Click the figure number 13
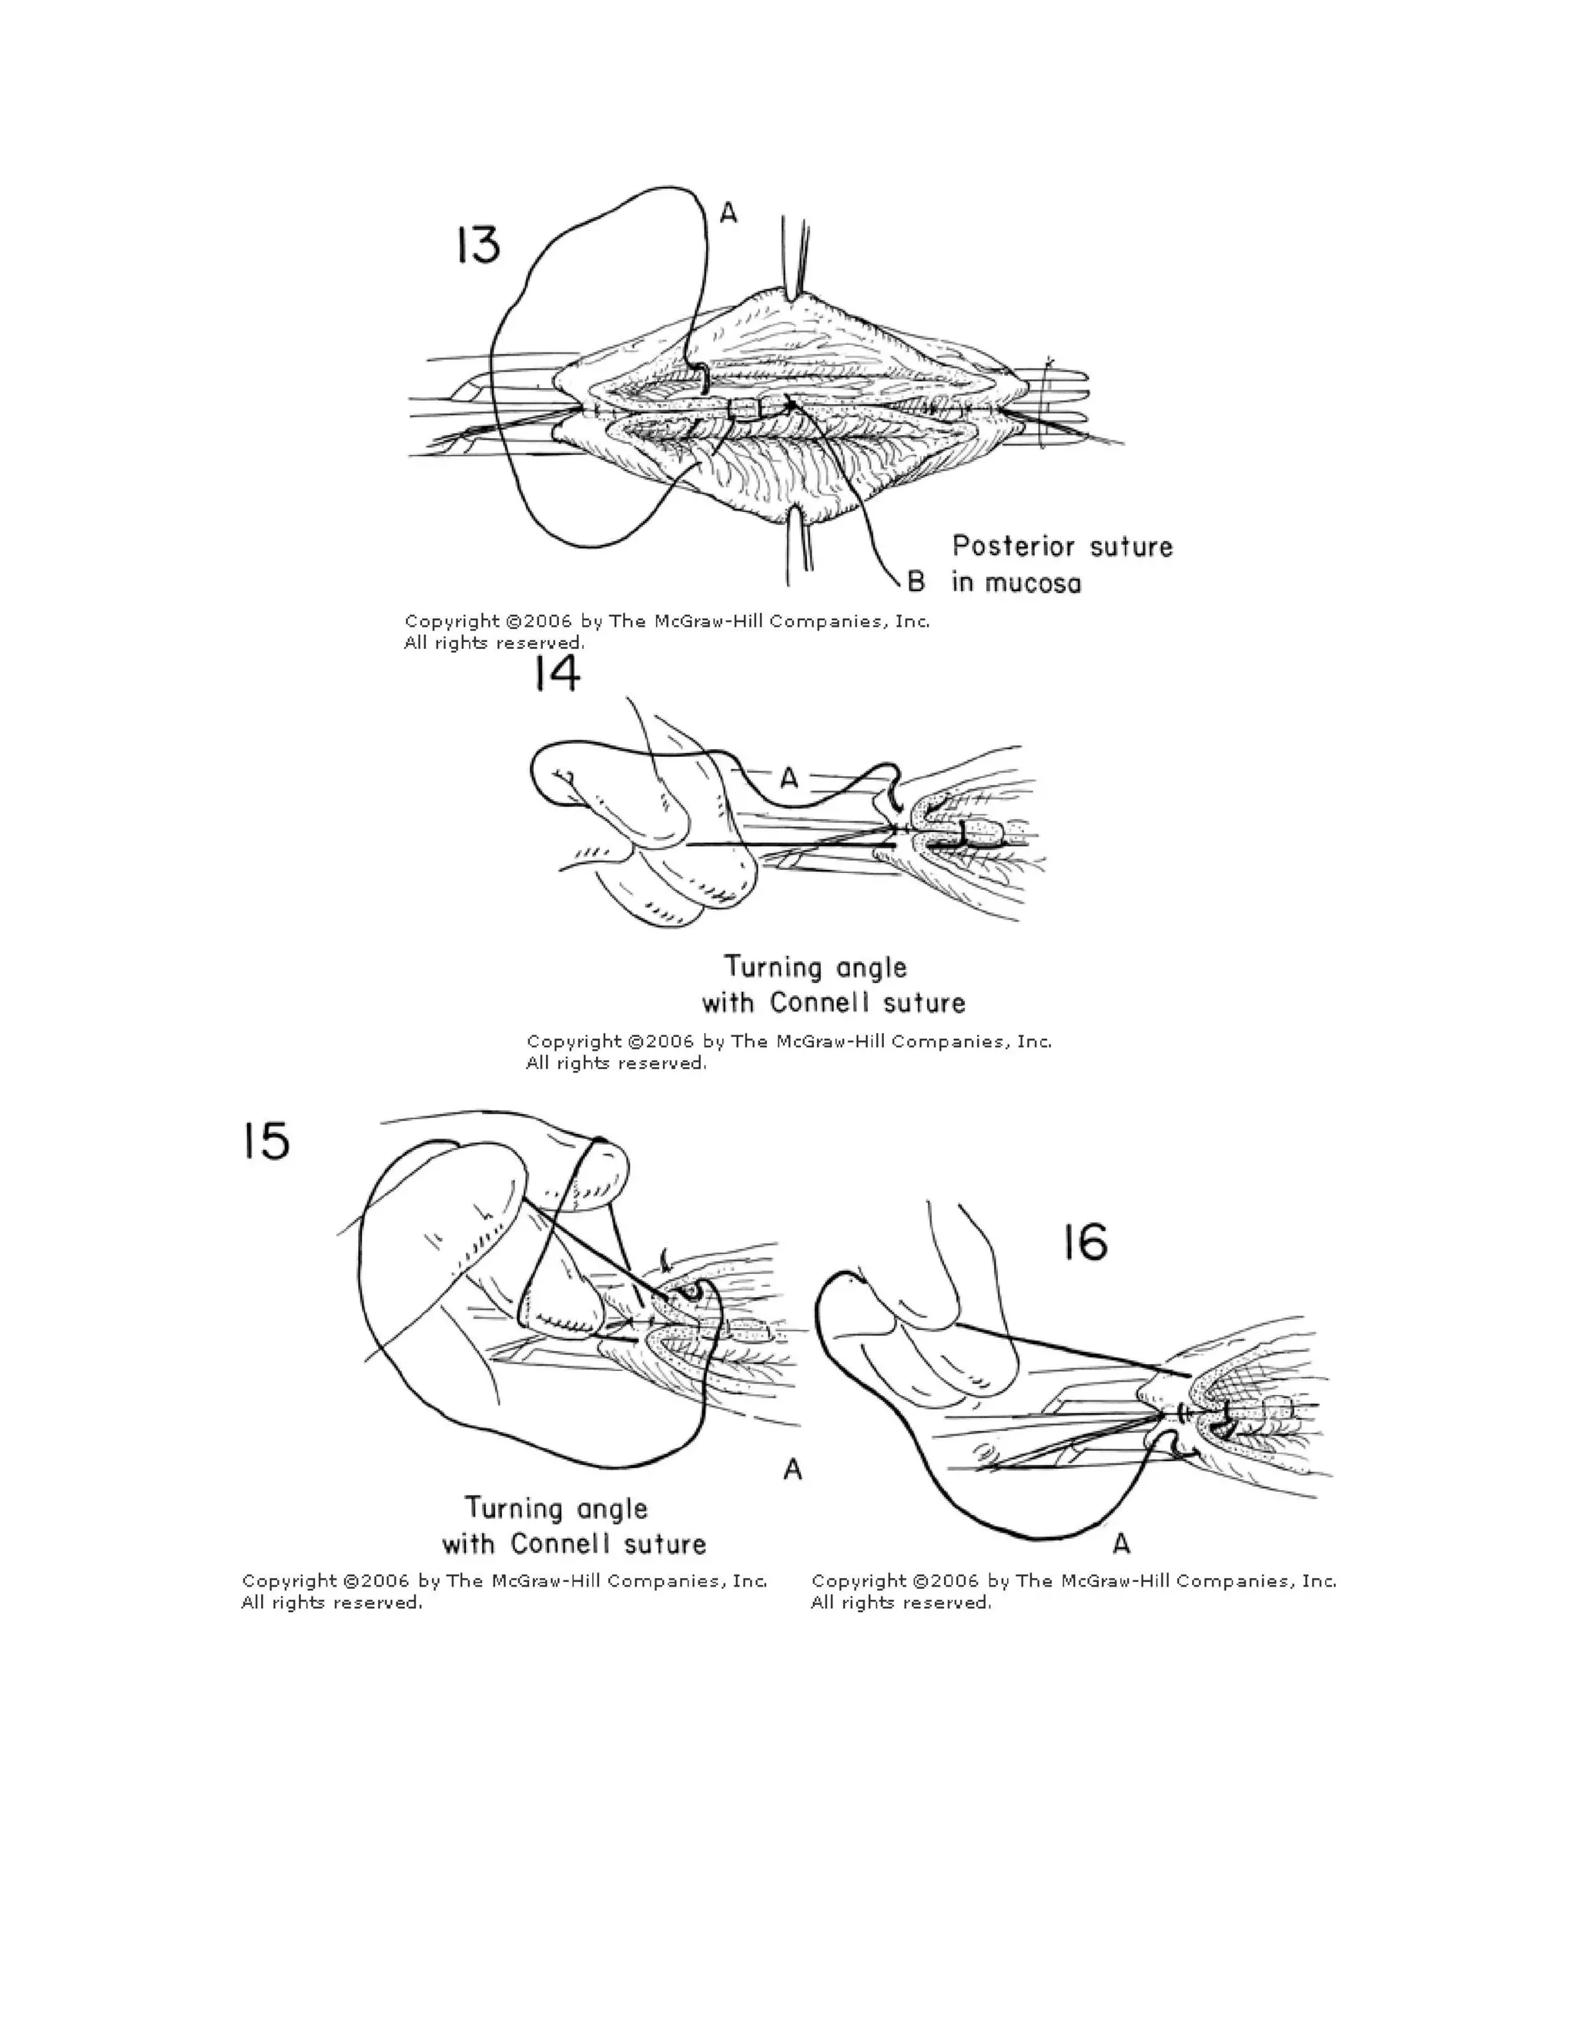point(478,246)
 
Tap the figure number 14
point(557,674)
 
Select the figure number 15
point(266,1142)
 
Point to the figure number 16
point(1085,1243)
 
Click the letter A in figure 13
point(728,214)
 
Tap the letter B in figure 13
point(916,582)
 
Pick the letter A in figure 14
point(789,778)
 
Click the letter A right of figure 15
point(792,1470)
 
